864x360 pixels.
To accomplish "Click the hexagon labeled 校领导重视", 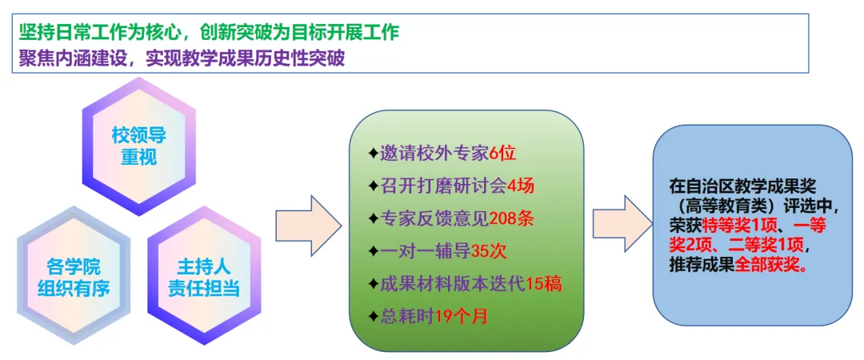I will tap(138, 146).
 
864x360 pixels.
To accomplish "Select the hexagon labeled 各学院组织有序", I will tap(73, 277).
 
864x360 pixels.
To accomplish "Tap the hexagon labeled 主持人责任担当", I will tap(203, 277).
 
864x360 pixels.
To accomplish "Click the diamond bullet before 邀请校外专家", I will tap(372, 154).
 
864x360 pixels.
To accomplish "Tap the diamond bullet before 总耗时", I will tap(372, 315).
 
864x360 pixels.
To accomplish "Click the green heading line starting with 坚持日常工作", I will tap(210, 34).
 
